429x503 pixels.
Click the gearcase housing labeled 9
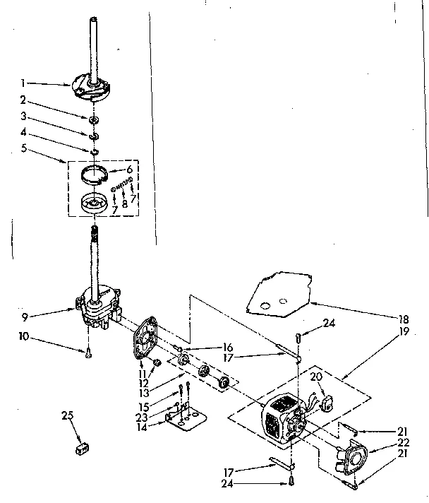tap(99, 307)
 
